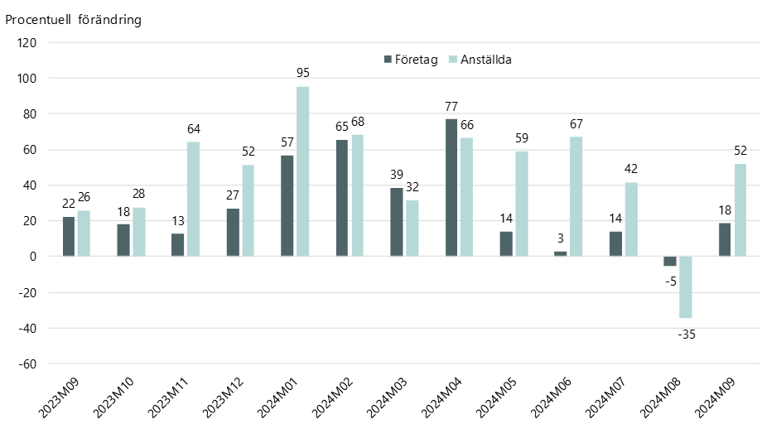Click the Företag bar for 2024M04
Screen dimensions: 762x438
point(451,187)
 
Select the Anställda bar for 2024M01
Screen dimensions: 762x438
point(303,171)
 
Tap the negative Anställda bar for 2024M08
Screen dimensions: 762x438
point(686,287)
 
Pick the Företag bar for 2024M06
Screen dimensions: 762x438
point(561,254)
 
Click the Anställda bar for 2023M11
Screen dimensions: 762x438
point(194,199)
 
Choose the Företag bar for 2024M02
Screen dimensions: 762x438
point(342,198)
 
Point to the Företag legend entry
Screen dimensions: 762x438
point(411,60)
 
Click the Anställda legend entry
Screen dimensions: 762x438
point(480,60)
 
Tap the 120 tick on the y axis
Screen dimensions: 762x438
point(27,43)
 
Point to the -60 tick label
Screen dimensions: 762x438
point(27,363)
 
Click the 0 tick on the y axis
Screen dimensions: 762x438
point(33,257)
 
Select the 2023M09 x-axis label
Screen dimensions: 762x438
point(59,397)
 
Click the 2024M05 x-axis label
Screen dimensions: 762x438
point(496,397)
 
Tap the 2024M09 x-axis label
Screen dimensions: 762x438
point(715,397)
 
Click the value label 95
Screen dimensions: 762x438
point(303,73)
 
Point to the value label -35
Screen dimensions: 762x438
point(686,335)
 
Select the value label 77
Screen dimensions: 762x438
point(451,106)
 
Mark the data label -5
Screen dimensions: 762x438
point(671,282)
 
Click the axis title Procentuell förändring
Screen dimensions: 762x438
point(74,20)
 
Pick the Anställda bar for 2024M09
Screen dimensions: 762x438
point(740,210)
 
